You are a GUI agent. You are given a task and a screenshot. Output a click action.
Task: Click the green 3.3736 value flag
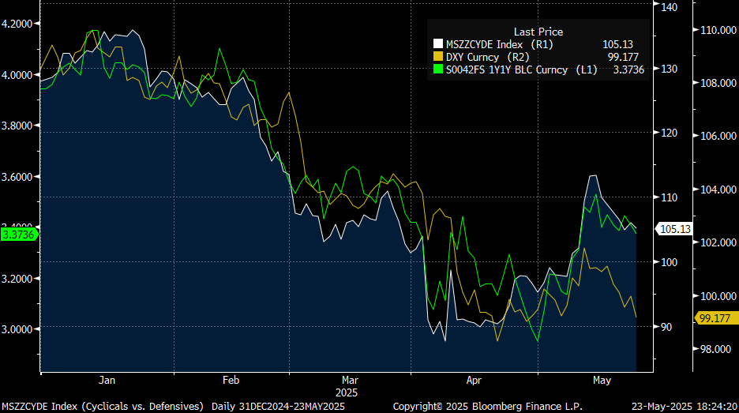(18, 234)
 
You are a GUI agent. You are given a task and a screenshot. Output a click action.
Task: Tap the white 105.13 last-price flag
(674, 229)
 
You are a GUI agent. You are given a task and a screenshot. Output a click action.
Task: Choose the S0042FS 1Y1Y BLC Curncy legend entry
(506, 69)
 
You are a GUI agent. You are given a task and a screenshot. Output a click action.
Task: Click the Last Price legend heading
(538, 32)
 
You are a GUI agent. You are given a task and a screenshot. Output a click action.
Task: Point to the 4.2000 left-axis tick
(18, 24)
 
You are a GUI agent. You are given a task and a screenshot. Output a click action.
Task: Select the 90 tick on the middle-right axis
(666, 327)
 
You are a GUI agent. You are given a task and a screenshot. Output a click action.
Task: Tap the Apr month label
(474, 380)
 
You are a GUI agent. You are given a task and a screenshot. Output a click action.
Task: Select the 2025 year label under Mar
(347, 392)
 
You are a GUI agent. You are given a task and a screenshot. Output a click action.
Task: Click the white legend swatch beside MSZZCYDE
(438, 44)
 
